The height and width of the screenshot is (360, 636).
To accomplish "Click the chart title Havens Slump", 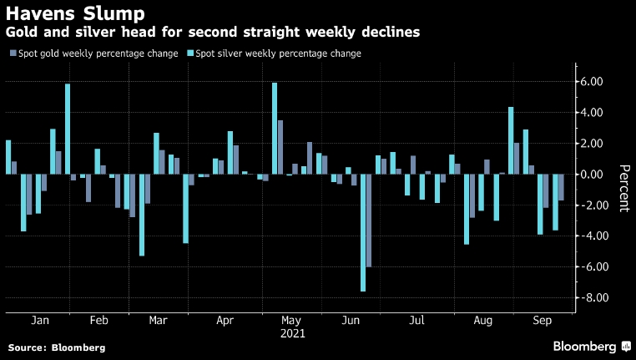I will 74,13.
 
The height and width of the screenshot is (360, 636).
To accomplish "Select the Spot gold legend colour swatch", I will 12,53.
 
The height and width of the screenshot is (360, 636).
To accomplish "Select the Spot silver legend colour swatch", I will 189,53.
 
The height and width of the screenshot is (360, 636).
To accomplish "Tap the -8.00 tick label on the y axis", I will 595,298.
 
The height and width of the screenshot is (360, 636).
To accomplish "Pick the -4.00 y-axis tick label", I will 595,236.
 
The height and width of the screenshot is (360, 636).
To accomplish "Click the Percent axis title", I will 623,188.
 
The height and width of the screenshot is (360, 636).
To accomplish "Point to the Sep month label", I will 542,320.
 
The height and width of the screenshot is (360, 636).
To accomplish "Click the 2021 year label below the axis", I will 292,332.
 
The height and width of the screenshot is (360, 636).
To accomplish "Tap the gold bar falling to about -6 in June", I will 369,221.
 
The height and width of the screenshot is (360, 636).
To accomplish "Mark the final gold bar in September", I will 561,187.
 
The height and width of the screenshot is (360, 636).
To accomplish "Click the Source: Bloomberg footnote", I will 57,347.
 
